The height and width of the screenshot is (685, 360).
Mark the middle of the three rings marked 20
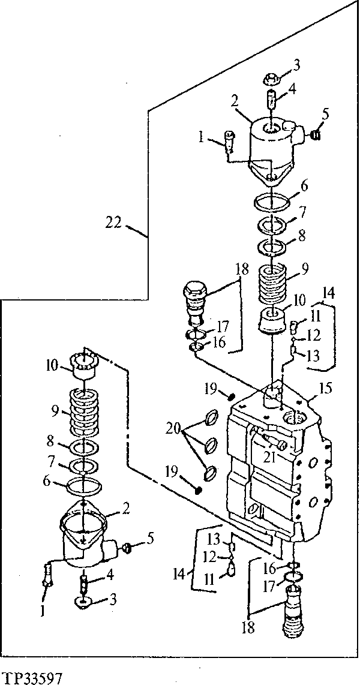(x=211, y=445)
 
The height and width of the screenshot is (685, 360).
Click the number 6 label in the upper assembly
(x=304, y=187)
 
